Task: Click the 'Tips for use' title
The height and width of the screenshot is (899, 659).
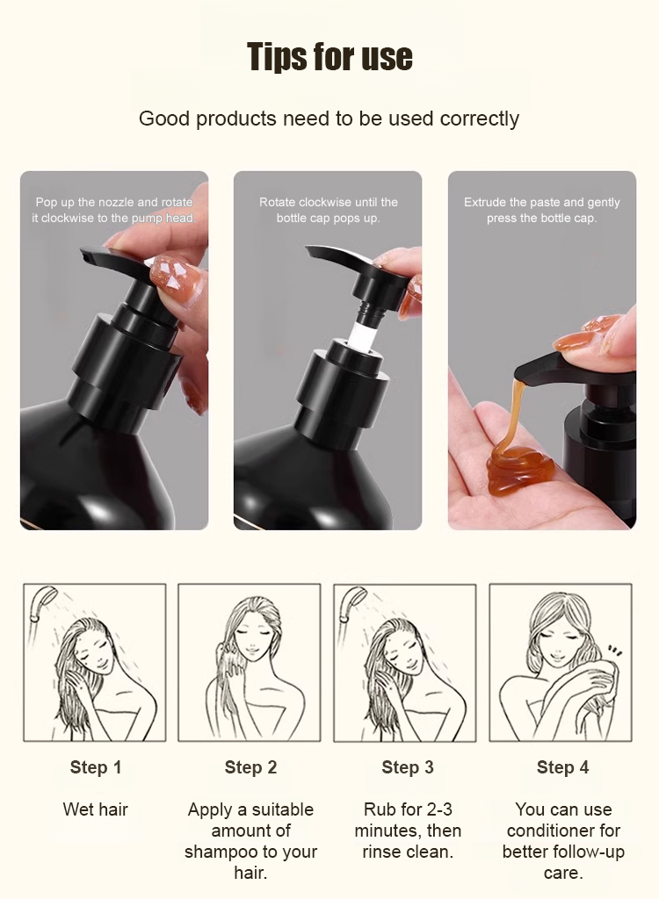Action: point(329,57)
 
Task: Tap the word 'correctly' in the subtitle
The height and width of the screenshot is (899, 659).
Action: point(480,119)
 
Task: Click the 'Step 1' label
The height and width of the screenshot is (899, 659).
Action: point(95,767)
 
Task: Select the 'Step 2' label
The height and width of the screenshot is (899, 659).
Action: point(250,767)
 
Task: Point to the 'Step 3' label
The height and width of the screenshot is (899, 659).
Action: point(408,767)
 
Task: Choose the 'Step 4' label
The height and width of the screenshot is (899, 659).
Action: point(562,767)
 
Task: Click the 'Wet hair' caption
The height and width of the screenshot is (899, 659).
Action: point(95,809)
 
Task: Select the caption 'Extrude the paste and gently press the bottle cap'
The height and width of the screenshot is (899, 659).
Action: point(542,210)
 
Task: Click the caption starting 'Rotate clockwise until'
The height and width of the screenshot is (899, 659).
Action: point(329,210)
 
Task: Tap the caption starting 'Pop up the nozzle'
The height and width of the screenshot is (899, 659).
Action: point(113,210)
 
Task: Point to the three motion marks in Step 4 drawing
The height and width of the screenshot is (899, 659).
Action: point(615,651)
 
